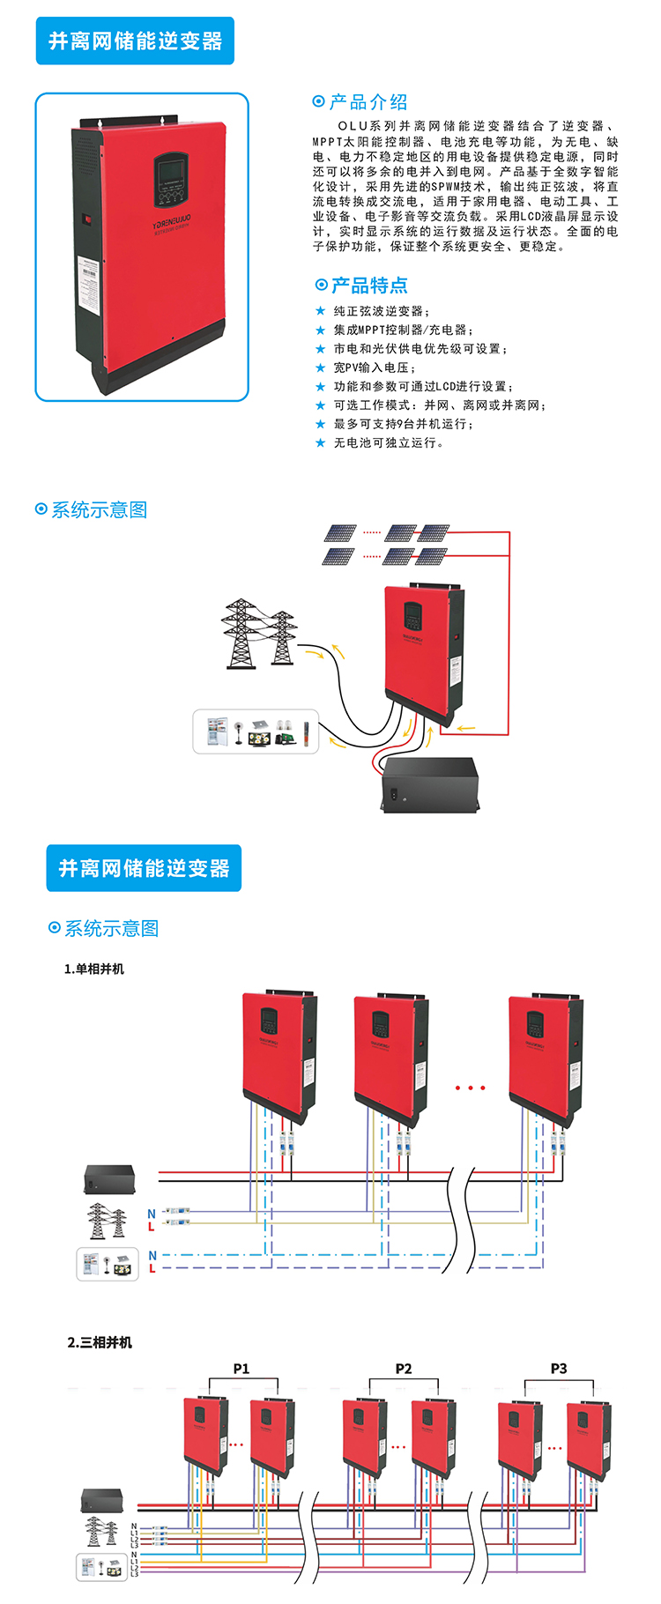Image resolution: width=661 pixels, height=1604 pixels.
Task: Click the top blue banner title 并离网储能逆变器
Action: coord(135,41)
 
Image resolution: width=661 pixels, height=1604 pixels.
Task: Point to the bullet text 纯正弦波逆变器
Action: coord(381,311)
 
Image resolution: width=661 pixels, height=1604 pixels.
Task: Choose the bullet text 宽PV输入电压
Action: coord(374,368)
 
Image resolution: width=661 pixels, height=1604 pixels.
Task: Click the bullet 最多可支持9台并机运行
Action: coord(403,424)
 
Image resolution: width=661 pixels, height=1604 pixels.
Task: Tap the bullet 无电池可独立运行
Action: coord(388,442)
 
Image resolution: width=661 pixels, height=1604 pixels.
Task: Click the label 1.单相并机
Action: coord(94,969)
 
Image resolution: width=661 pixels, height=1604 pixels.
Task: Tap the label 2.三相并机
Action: coord(100,1342)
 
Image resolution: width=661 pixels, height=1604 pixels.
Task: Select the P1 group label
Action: coord(241,1369)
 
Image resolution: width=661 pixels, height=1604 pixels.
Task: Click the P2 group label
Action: coord(404,1369)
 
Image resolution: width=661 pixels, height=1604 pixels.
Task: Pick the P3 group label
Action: coord(559,1369)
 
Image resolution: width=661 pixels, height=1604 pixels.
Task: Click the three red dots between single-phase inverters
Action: coord(471,1088)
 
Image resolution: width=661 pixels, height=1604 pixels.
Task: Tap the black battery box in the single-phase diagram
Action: coord(109,1179)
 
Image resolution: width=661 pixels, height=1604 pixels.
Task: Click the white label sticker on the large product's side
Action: coord(89,283)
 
